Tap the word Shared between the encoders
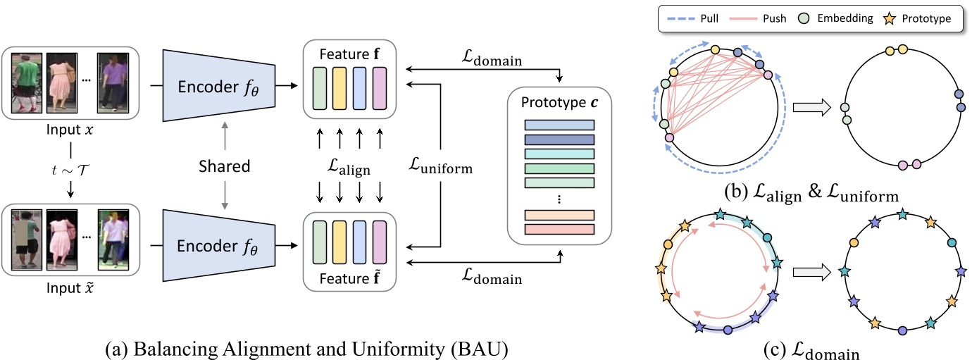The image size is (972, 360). [x=224, y=166]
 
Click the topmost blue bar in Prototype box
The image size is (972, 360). [x=559, y=125]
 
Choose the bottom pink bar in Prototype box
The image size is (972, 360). [x=559, y=229]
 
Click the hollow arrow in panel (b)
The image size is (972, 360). [x=811, y=108]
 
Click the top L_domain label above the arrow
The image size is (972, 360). [x=489, y=61]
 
